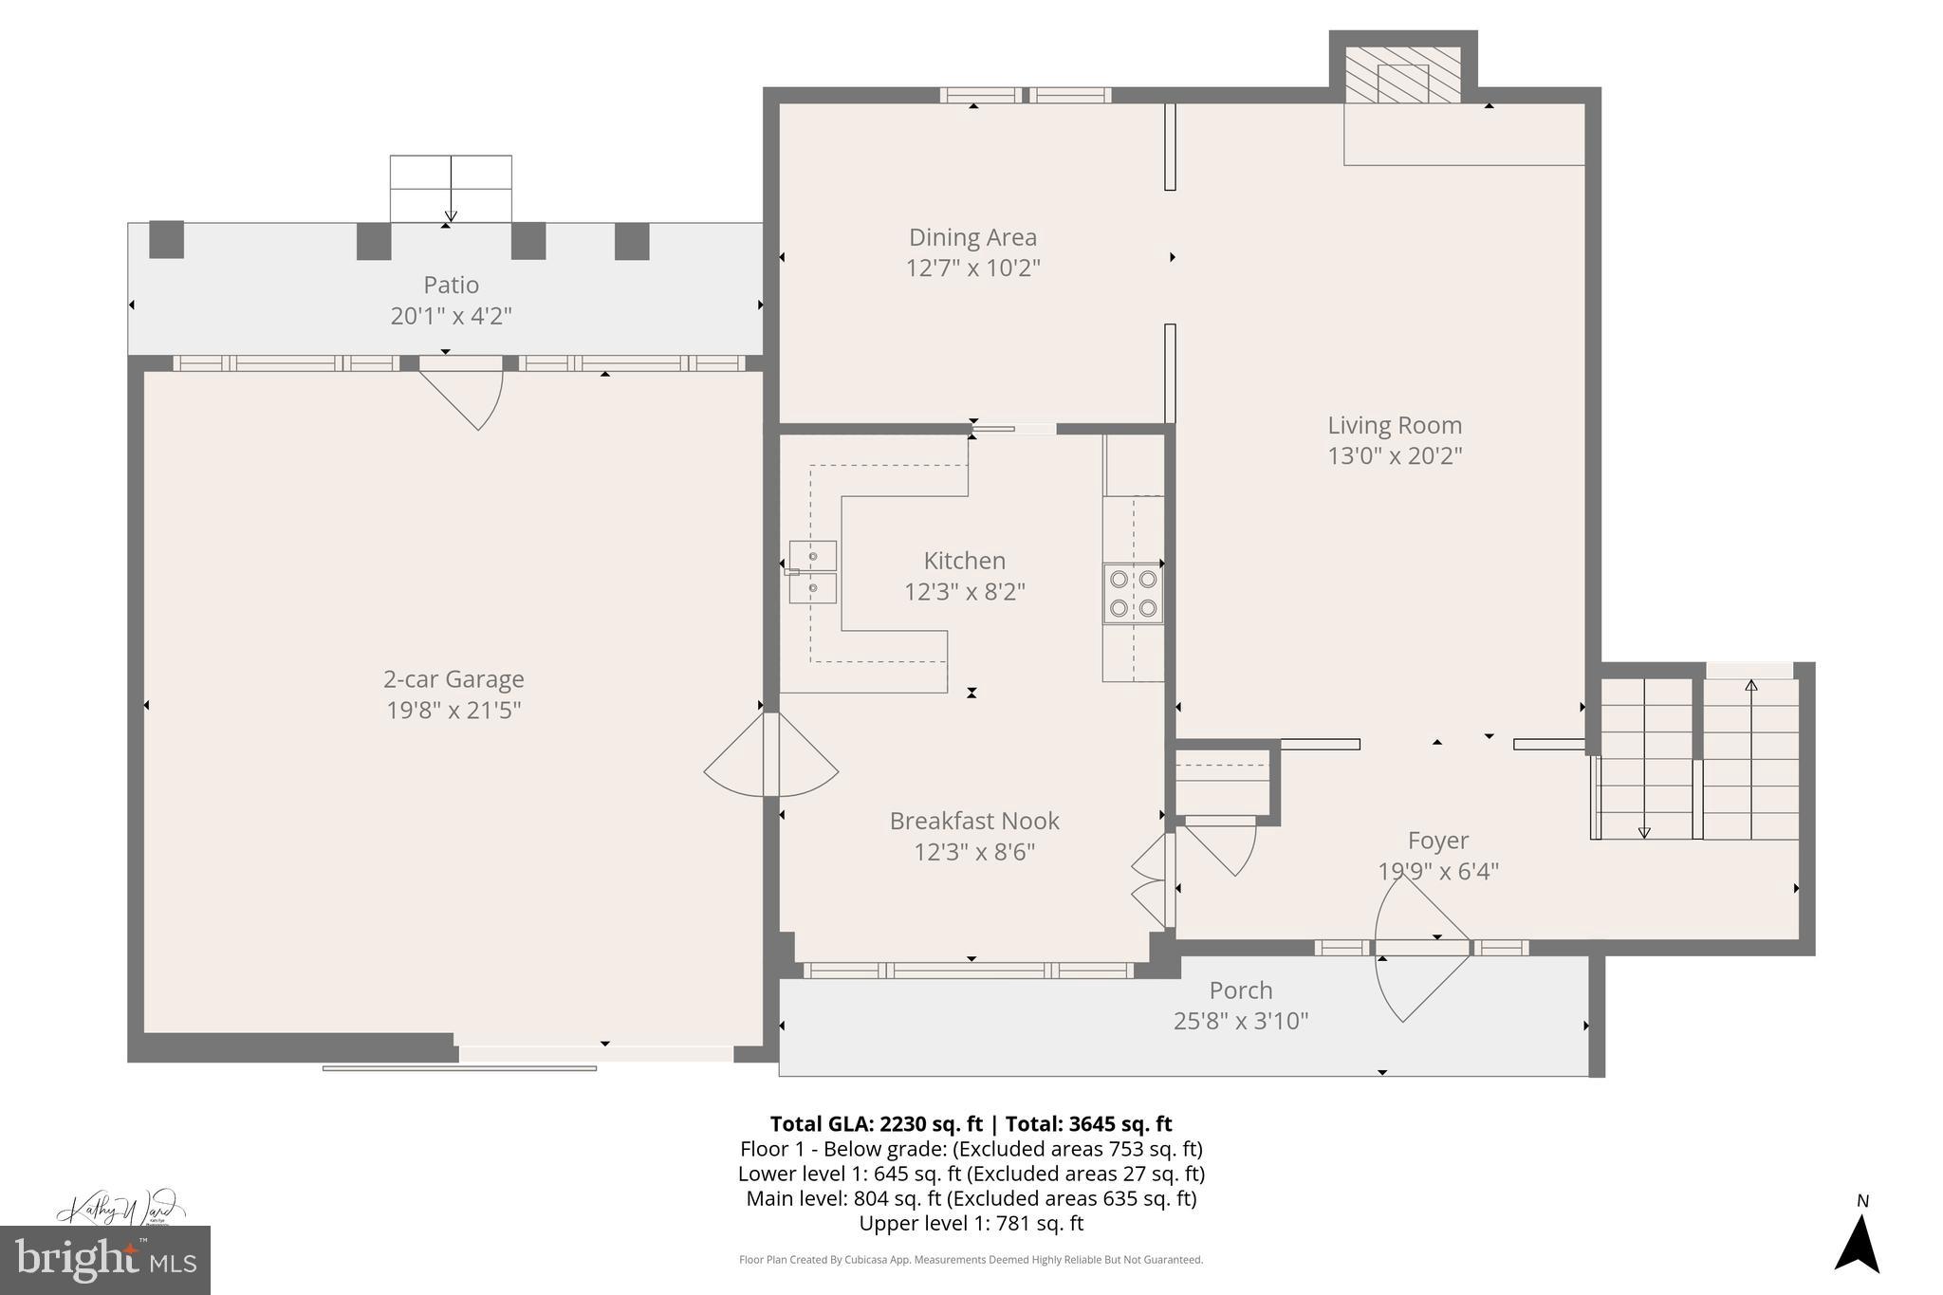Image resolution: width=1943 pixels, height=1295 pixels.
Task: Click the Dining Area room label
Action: (x=972, y=237)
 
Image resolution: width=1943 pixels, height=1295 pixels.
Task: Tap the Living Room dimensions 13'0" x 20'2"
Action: (x=1394, y=456)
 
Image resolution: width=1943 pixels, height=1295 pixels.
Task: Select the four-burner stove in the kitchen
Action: (x=1133, y=593)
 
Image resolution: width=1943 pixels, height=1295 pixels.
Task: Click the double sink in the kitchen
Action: (x=813, y=572)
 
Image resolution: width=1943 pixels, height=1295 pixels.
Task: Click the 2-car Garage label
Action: (x=453, y=679)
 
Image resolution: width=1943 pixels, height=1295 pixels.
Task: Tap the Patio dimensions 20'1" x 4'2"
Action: (x=451, y=316)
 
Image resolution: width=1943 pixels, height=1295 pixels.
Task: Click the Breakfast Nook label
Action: (x=973, y=821)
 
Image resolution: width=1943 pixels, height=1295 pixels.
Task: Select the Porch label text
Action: (x=1240, y=990)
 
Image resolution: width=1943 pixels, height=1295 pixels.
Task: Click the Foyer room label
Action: (x=1437, y=841)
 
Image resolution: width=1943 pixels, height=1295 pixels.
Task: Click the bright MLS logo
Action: (x=104, y=1260)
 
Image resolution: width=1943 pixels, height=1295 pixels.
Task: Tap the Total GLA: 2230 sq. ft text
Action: (x=875, y=1124)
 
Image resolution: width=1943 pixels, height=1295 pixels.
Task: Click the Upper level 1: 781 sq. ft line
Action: (x=971, y=1224)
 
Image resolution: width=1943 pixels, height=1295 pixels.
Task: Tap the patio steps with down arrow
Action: (x=451, y=189)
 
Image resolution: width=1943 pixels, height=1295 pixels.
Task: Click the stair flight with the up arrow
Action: (x=1751, y=759)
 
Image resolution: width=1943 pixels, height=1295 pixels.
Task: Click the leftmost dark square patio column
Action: (x=166, y=239)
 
